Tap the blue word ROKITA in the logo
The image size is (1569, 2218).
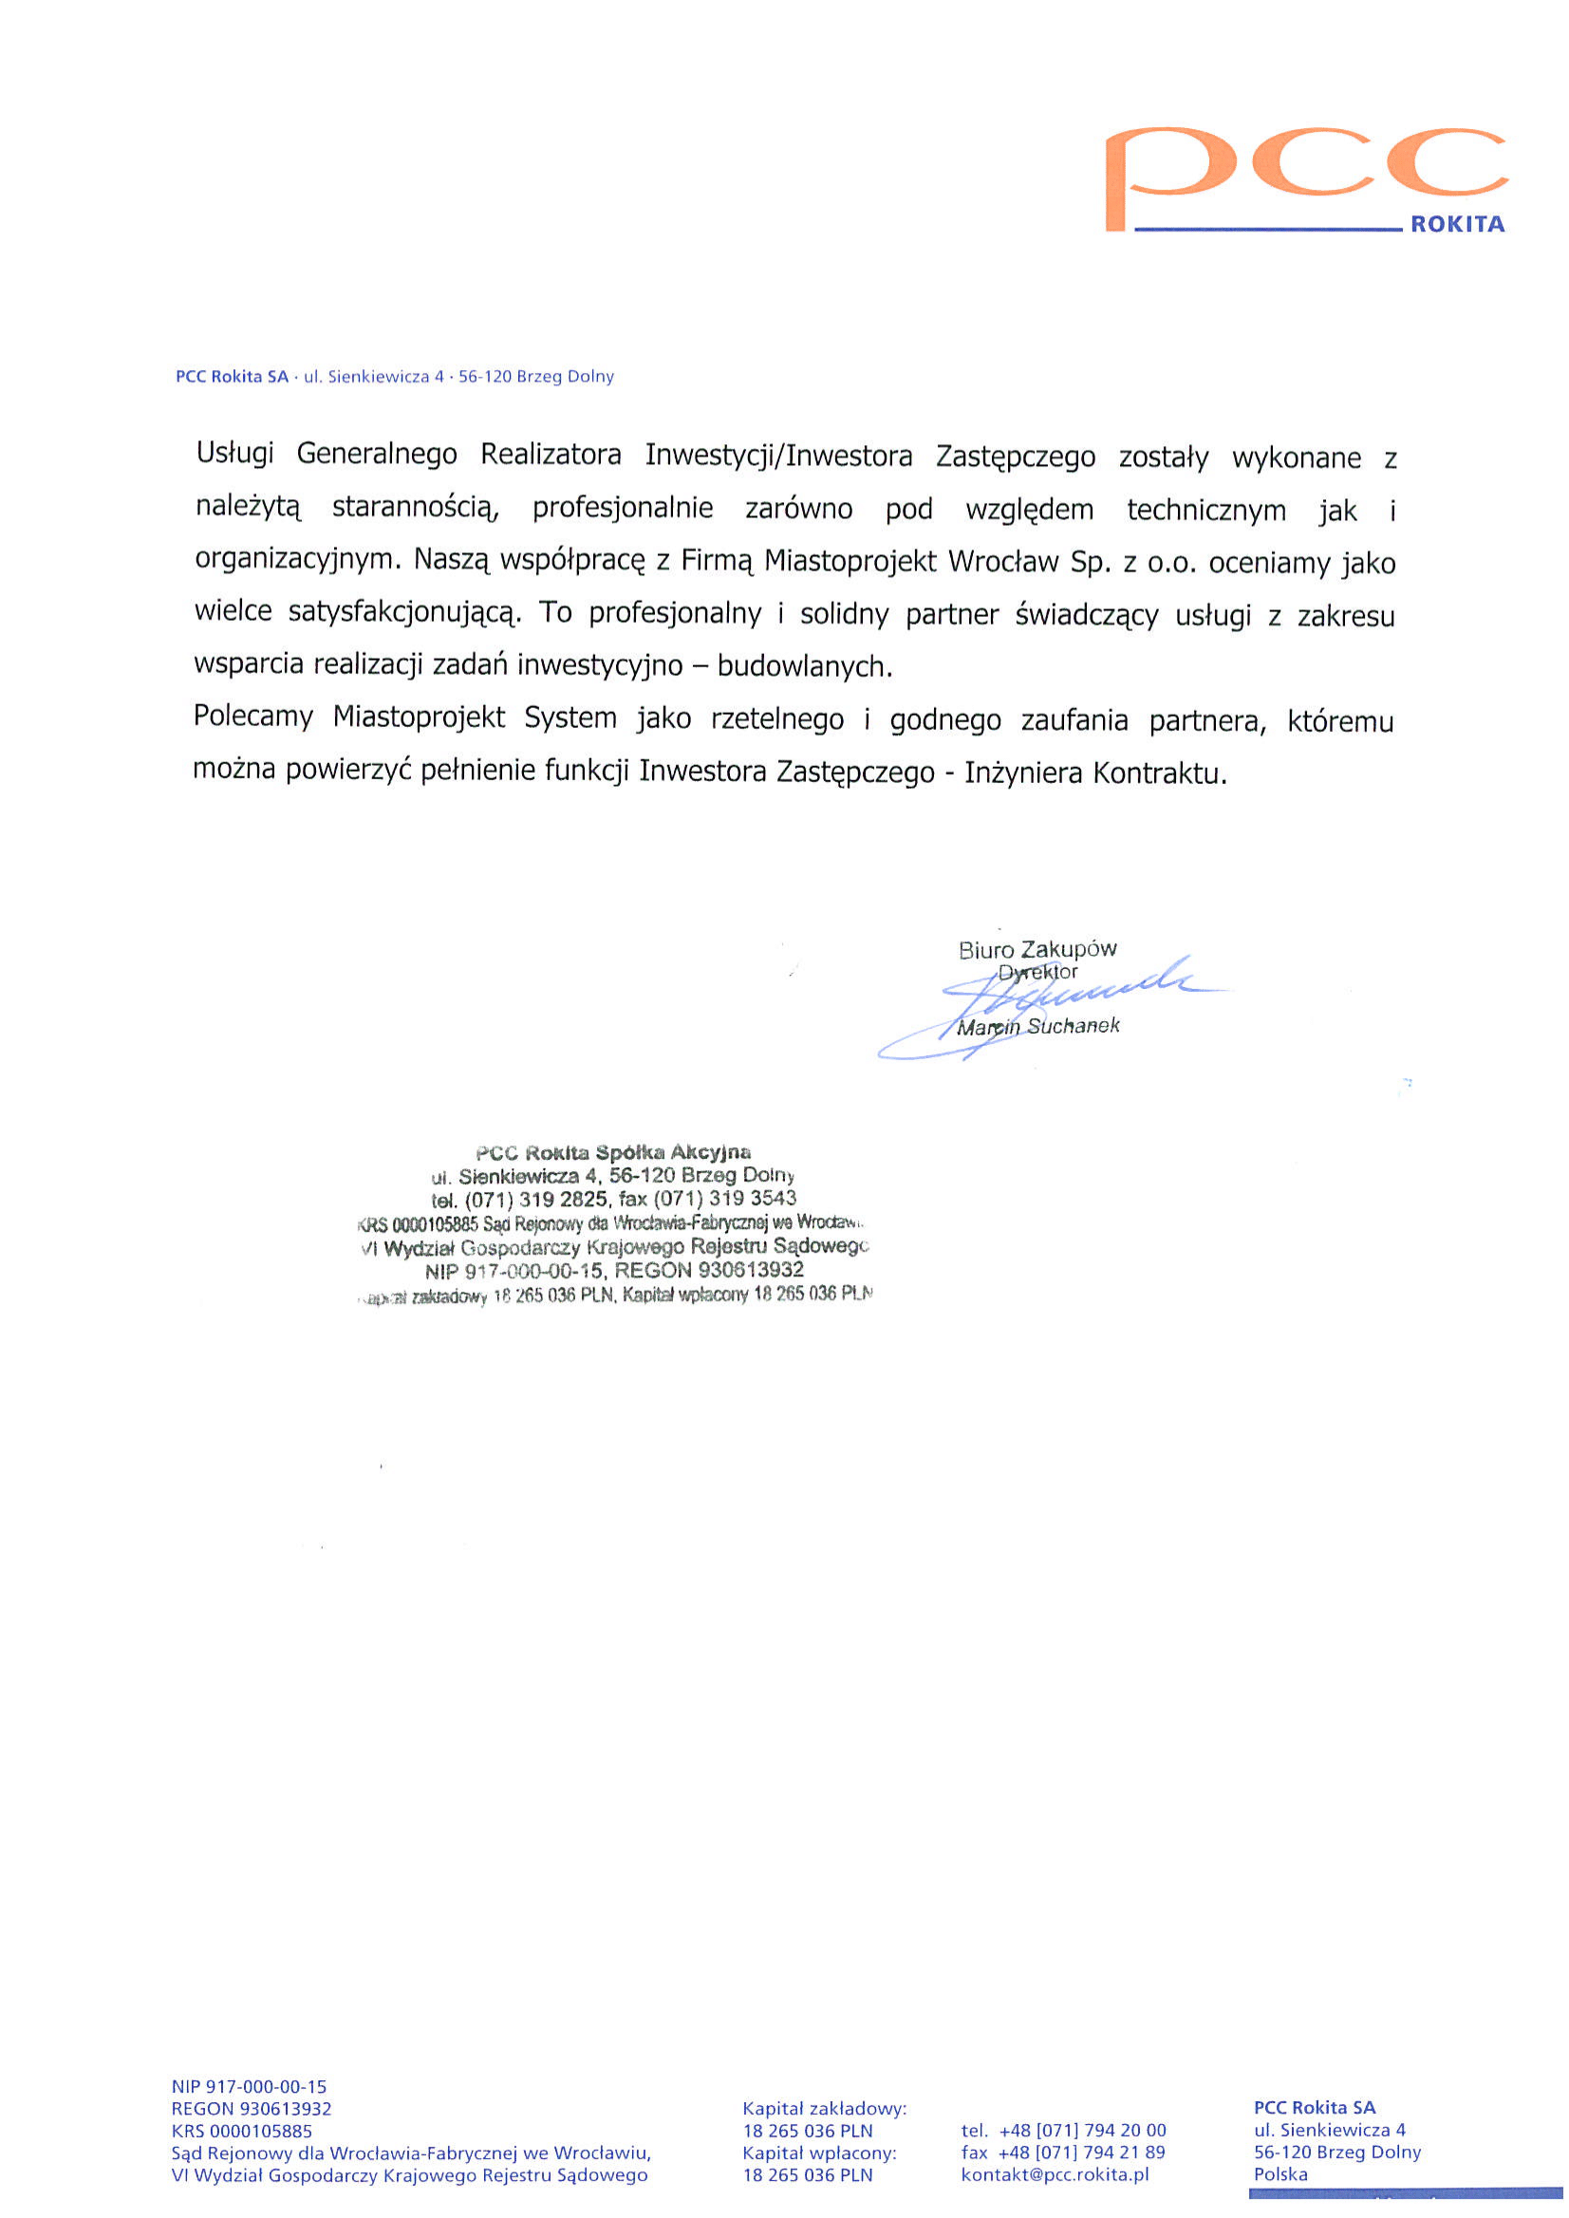pyautogui.click(x=1457, y=225)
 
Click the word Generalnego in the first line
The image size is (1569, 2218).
pyautogui.click(x=376, y=454)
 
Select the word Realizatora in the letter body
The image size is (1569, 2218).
pyautogui.click(x=551, y=455)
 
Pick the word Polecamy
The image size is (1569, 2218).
pyautogui.click(x=253, y=717)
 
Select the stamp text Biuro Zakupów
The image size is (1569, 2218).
pyautogui.click(x=1037, y=949)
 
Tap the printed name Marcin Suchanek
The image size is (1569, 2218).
pyautogui.click(x=1037, y=1027)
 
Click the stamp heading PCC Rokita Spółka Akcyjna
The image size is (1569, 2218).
pyautogui.click(x=613, y=1152)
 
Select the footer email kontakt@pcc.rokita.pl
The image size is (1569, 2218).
pyautogui.click(x=1055, y=2174)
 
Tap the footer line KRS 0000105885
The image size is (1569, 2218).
pyautogui.click(x=241, y=2130)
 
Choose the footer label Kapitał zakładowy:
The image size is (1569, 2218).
pyautogui.click(x=824, y=2108)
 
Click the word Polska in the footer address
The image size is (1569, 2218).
pyautogui.click(x=1280, y=2174)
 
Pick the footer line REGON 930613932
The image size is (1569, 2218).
pyautogui.click(x=252, y=2108)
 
